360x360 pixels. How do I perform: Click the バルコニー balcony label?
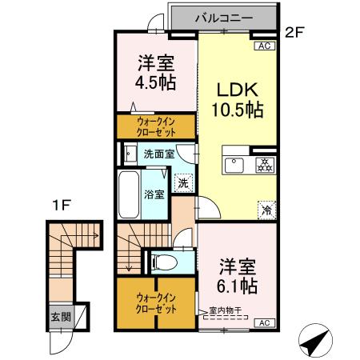[x=223, y=17]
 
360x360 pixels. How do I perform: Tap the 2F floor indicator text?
[x=297, y=34]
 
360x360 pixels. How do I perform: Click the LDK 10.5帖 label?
[x=237, y=98]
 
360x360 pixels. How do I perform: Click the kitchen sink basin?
[x=236, y=166]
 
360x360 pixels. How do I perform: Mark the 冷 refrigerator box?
[x=264, y=210]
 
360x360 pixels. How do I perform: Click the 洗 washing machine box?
[x=183, y=182]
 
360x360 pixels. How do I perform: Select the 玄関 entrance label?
[x=59, y=316]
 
